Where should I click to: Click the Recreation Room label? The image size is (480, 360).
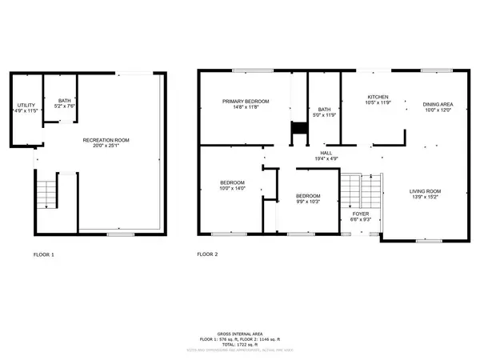tap(106, 140)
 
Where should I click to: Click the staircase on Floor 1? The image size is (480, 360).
tap(46, 193)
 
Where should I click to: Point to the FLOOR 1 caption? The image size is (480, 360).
tap(43, 254)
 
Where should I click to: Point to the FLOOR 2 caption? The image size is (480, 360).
tap(207, 254)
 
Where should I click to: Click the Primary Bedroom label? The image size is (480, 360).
tap(245, 102)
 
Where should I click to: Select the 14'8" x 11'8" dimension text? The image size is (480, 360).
tap(245, 107)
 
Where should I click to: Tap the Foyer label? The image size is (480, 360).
tap(361, 214)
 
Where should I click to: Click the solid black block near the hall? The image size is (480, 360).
tap(299, 129)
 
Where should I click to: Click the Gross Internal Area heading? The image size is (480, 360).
tap(241, 333)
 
